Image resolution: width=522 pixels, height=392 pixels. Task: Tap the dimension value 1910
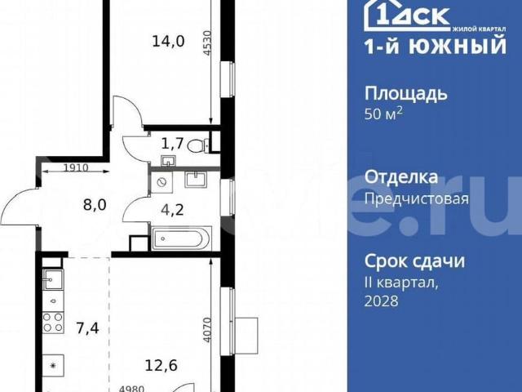(76, 169)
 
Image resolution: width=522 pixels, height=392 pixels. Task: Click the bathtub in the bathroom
(181, 238)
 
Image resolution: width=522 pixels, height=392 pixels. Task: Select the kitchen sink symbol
(53, 282)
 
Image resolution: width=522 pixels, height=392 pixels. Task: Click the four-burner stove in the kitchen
(53, 323)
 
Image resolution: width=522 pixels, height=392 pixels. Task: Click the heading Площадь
(405, 93)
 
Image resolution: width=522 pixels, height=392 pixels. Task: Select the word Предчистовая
(416, 198)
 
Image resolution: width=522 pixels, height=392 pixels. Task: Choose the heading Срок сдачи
(414, 261)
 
